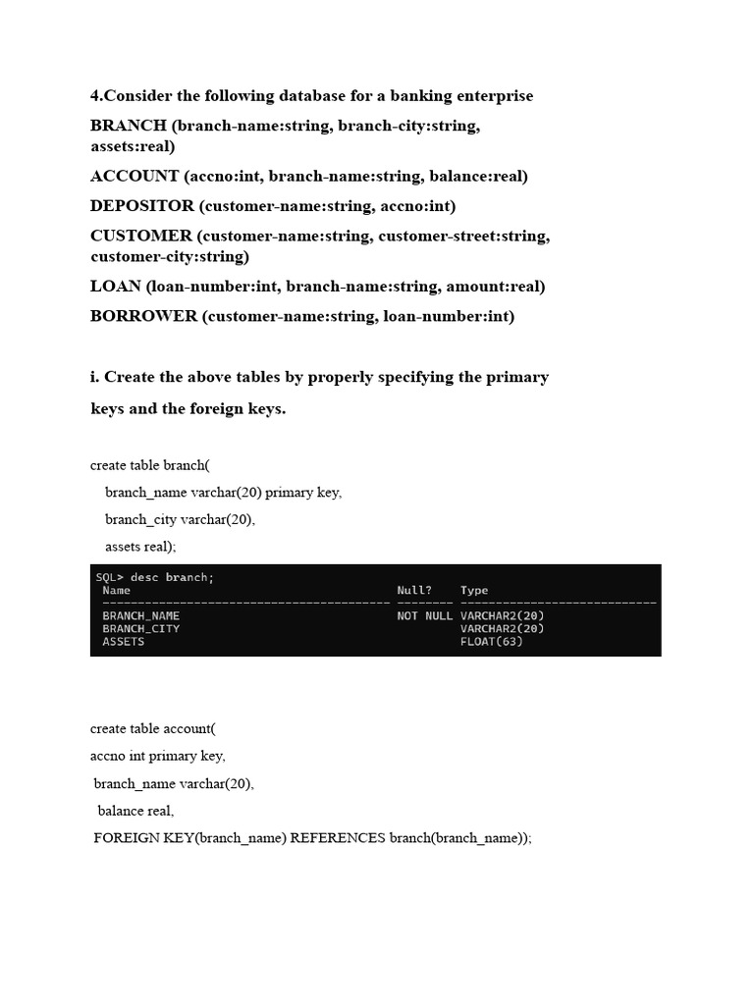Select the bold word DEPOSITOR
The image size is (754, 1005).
point(142,206)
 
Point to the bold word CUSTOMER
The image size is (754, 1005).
point(141,236)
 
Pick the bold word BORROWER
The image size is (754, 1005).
point(144,316)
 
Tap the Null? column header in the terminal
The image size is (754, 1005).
point(413,591)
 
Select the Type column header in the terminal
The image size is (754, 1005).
point(474,591)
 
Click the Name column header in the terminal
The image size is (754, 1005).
point(116,591)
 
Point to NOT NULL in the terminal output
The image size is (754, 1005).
point(425,616)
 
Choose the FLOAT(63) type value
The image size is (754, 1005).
point(491,642)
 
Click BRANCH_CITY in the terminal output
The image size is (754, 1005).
point(140,629)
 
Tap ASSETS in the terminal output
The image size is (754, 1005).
point(123,642)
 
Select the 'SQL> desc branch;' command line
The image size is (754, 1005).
point(154,577)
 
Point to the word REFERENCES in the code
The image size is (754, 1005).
point(338,838)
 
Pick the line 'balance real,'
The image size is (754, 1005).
point(135,811)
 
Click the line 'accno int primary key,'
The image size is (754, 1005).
point(158,756)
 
